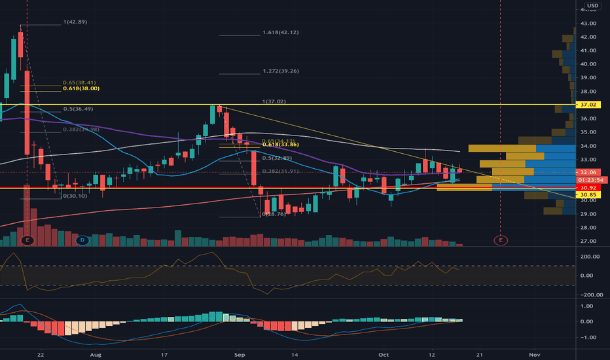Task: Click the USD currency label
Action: tap(592, 7)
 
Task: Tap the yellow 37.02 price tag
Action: tap(592, 105)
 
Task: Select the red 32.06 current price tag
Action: tap(592, 171)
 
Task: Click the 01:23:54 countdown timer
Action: tap(591, 179)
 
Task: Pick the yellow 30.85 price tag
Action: tap(592, 195)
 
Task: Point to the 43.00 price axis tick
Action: tap(587, 24)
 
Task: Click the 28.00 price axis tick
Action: tap(587, 228)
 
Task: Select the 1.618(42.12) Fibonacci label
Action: tap(280, 32)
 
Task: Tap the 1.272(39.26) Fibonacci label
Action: tap(280, 71)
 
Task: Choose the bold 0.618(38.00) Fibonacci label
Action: tap(81, 88)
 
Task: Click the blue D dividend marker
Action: tap(82, 240)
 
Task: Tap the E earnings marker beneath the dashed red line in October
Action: tap(501, 240)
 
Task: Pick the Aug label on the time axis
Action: tap(96, 353)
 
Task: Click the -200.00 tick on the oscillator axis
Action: tap(588, 295)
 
